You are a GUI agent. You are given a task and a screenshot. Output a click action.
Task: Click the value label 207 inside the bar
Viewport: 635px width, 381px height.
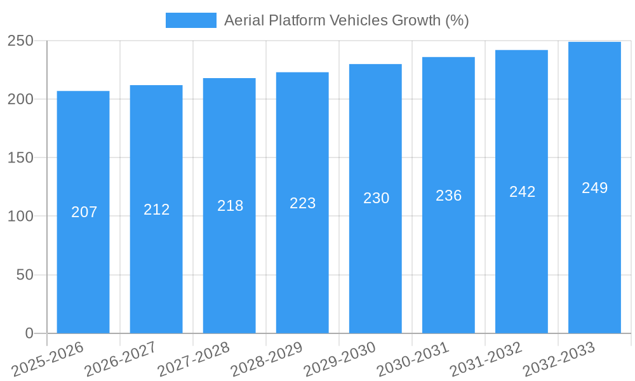(84, 212)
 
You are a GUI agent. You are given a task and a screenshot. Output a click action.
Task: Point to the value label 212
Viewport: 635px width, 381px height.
(157, 210)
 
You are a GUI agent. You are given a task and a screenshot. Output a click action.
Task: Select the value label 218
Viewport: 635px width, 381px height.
(230, 206)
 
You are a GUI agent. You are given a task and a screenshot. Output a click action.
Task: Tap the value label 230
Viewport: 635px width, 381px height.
(376, 198)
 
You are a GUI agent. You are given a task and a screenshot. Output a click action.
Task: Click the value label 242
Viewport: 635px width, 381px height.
(522, 192)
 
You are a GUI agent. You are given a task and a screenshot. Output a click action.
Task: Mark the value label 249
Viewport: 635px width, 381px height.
(595, 188)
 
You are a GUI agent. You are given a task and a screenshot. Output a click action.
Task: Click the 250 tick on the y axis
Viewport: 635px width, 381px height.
(20, 41)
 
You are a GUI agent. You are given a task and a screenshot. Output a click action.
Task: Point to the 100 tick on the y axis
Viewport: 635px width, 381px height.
(20, 217)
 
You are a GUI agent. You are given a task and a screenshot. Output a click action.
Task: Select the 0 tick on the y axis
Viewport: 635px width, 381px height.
(29, 333)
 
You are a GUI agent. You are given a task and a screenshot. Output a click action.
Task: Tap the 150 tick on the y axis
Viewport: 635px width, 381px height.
(20, 158)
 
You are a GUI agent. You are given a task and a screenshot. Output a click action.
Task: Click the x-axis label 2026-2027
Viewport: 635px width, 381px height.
(121, 359)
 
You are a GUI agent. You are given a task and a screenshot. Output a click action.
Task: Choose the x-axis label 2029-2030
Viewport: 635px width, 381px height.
(340, 359)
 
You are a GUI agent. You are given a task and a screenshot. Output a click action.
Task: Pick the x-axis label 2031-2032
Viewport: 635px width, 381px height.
(486, 359)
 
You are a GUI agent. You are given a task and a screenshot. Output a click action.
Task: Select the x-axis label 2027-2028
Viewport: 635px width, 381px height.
(194, 359)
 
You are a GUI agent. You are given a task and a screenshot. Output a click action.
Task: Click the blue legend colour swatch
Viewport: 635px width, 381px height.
(190, 20)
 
